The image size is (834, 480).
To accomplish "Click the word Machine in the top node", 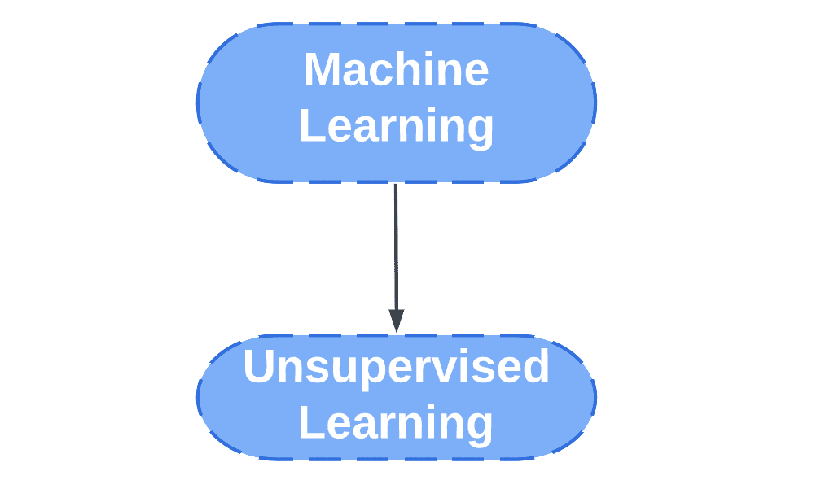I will click(x=396, y=70).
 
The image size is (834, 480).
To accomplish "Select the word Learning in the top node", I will click(x=396, y=128).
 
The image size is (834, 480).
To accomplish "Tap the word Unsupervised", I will click(x=396, y=367).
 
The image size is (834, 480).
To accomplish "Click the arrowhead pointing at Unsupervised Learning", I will click(x=396, y=321).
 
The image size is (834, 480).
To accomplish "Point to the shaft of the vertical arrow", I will click(x=396, y=244).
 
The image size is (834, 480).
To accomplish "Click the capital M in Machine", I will click(x=320, y=70).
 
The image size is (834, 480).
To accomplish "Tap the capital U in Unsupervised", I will click(x=259, y=367).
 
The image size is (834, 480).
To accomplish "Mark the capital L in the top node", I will click(x=310, y=127).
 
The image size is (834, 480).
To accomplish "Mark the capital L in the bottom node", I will click(x=310, y=423).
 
